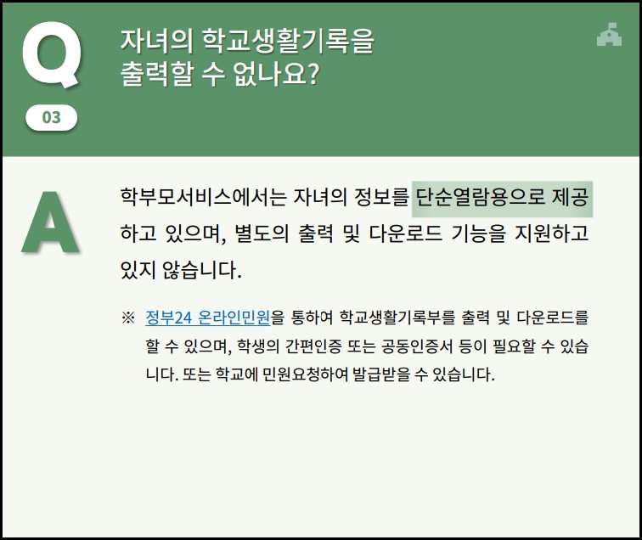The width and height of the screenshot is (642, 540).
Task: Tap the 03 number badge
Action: coord(52,117)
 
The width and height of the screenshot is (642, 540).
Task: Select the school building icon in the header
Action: coord(609,34)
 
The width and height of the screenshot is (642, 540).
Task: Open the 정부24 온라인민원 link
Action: coord(208,318)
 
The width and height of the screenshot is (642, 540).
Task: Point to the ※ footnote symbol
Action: coord(128,318)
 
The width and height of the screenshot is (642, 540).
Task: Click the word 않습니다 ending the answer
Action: coord(199,271)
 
